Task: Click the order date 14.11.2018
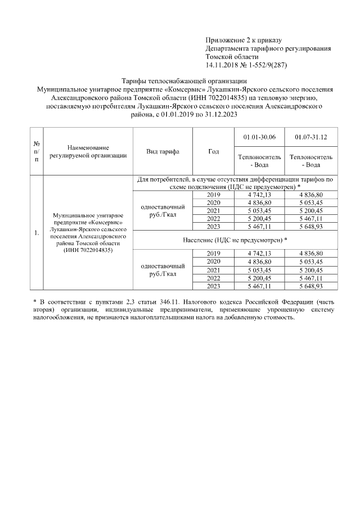223,65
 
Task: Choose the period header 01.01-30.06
259,137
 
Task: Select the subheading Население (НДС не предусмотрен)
236,240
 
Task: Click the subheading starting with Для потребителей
236,183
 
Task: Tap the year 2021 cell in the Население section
213,270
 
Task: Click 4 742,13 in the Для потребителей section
259,195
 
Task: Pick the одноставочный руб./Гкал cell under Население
163,270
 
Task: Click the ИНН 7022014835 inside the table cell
88,250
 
